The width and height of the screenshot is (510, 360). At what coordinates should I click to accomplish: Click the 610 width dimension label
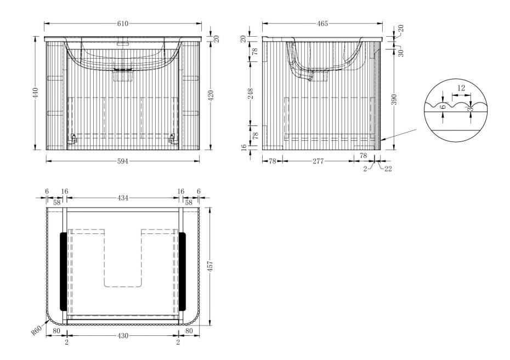pyautogui.click(x=123, y=24)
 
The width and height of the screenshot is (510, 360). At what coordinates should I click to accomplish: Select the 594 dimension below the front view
pyautogui.click(x=123, y=161)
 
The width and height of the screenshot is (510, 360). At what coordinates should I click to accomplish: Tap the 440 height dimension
pyautogui.click(x=36, y=93)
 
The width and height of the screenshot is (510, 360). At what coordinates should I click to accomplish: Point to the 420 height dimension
pyautogui.click(x=211, y=95)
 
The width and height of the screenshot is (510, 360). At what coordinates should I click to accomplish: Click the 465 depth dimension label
pyautogui.click(x=322, y=24)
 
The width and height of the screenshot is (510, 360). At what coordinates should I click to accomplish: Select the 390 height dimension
pyautogui.click(x=394, y=99)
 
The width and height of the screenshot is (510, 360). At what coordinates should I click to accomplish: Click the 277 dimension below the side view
pyautogui.click(x=318, y=161)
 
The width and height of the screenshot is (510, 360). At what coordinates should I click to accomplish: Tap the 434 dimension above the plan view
pyautogui.click(x=123, y=198)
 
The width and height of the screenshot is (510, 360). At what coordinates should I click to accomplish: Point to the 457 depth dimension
pyautogui.click(x=210, y=266)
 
